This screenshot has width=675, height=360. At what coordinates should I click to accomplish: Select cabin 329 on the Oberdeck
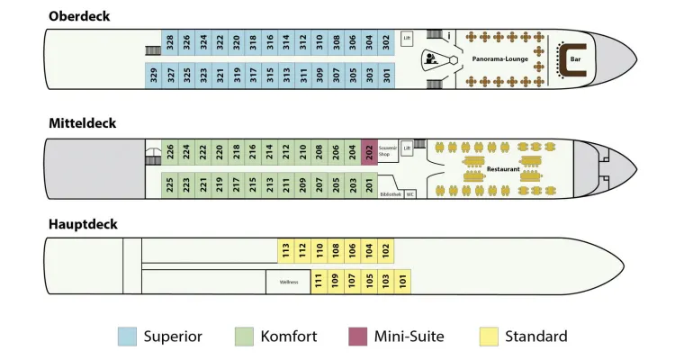154,76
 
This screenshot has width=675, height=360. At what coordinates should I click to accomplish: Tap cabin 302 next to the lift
385,41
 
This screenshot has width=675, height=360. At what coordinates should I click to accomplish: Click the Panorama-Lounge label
498,58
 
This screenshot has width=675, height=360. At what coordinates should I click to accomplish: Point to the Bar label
576,61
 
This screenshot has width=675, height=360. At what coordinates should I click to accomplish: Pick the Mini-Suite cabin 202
369,152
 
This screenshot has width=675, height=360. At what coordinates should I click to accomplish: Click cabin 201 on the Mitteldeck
369,185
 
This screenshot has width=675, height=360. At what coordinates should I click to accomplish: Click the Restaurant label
502,168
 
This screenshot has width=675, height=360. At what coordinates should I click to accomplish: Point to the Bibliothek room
390,193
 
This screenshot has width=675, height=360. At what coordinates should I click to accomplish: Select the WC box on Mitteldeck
410,193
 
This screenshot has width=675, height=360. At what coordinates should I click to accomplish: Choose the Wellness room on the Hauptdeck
288,282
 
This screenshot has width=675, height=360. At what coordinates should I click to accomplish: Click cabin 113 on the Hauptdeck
284,249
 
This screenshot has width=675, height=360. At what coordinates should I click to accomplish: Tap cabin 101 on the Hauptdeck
402,281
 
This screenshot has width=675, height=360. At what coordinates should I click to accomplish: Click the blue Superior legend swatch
128,337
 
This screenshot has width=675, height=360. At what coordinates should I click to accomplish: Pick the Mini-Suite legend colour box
358,337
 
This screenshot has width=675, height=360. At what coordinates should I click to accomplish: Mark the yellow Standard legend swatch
490,337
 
